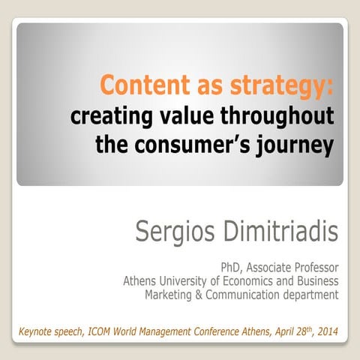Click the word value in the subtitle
175,117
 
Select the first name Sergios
174,232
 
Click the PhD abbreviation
229,267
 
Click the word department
310,295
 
